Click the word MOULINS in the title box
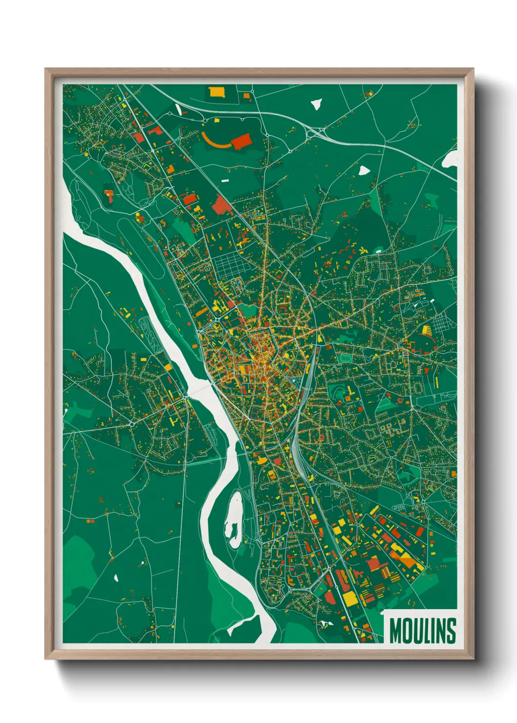coord(423,631)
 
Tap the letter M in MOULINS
coord(395,631)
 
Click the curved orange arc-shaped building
coord(214,142)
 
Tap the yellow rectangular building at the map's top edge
coord(216,91)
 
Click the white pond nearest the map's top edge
coord(317,104)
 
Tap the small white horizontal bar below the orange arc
coord(225,181)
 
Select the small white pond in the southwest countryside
coord(116,578)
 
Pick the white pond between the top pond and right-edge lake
coord(364,170)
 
